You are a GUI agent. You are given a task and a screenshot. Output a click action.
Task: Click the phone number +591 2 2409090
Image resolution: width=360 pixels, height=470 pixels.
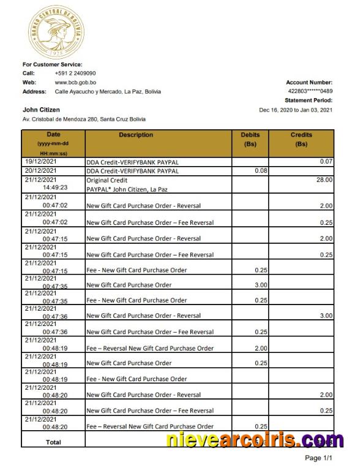pyautogui.click(x=75, y=73)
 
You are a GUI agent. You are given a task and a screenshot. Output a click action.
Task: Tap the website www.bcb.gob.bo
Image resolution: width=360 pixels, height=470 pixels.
pyautogui.click(x=75, y=82)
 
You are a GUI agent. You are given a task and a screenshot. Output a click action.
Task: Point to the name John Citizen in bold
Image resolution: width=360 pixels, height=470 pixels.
pyautogui.click(x=41, y=110)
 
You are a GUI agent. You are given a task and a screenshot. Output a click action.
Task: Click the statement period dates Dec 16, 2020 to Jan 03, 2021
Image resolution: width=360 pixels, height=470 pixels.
pyautogui.click(x=296, y=110)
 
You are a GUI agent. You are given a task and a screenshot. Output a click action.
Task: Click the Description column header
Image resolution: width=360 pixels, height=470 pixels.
pyautogui.click(x=136, y=135)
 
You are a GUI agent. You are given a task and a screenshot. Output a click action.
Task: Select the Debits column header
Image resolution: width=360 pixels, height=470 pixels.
pyautogui.click(x=250, y=135)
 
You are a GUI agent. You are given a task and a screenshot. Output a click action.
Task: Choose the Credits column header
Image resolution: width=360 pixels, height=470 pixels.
pyautogui.click(x=301, y=135)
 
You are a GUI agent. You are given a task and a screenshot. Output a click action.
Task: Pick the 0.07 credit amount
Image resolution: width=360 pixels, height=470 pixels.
pyautogui.click(x=326, y=161)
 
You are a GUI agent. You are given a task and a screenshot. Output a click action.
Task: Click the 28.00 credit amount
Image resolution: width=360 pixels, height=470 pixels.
pyautogui.click(x=324, y=180)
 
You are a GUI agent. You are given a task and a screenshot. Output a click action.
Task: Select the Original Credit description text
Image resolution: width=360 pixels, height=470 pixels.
pyautogui.click(x=107, y=180)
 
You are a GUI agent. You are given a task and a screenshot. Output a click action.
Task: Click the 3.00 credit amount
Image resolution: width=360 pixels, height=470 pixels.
pyautogui.click(x=326, y=316)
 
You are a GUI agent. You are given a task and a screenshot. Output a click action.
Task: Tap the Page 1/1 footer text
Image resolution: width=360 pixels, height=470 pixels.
pyautogui.click(x=318, y=458)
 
